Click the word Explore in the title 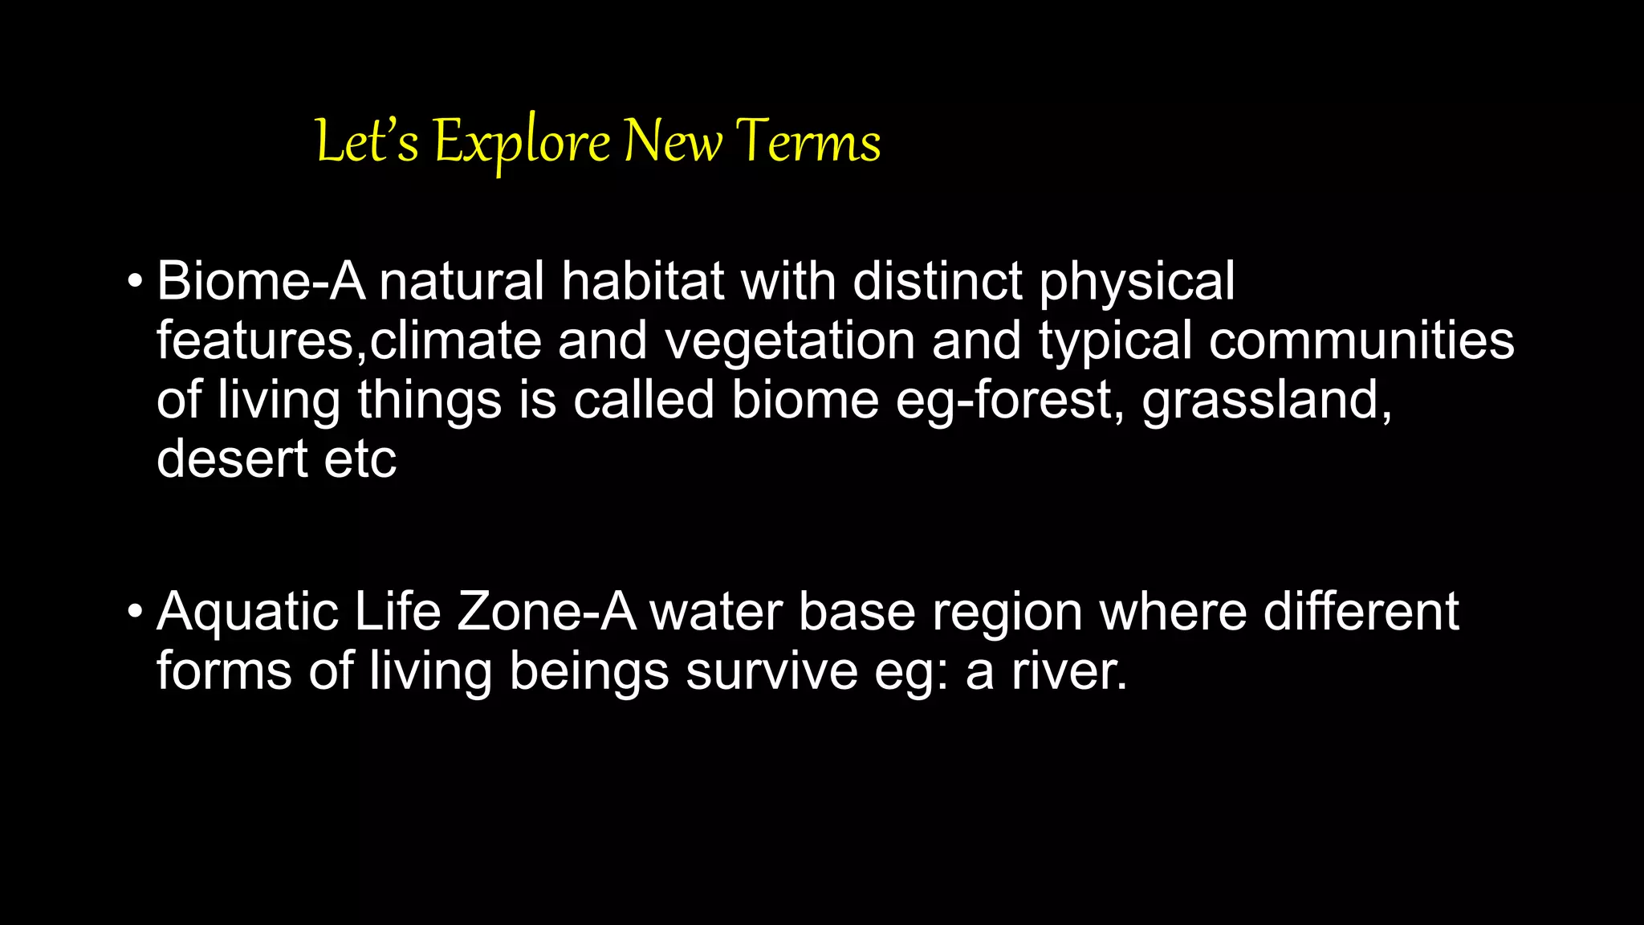[x=522, y=143]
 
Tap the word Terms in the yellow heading [x=808, y=141]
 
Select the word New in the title [x=673, y=141]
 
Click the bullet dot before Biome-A [x=135, y=283]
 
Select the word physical [x=1137, y=283]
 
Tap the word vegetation [x=790, y=340]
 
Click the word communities [x=1361, y=340]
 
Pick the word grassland [x=1266, y=400]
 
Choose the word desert [x=232, y=458]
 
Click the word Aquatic [x=247, y=613]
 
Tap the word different [x=1361, y=612]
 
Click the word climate [x=456, y=340]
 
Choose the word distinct [x=937, y=281]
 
